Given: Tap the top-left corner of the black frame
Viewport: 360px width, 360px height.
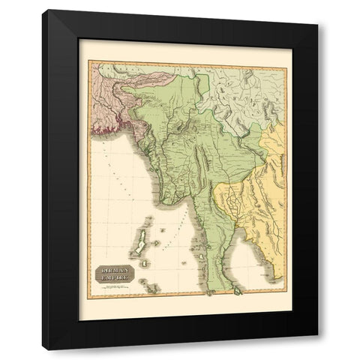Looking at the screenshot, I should (x=43, y=10).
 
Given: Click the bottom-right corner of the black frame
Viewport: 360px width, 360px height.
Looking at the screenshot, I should (x=317, y=349).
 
